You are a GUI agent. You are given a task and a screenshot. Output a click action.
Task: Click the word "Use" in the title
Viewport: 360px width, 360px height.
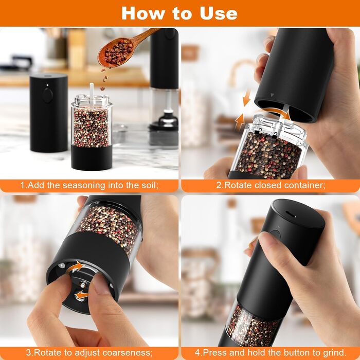[219, 13]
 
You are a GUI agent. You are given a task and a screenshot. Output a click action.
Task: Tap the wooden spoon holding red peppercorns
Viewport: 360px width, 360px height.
[124, 49]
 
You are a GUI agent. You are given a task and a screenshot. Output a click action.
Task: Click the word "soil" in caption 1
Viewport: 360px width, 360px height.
[148, 185]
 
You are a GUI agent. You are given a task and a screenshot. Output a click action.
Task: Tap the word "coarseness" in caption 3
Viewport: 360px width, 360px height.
[127, 352]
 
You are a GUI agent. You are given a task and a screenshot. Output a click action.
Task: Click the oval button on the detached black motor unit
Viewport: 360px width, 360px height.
[47, 96]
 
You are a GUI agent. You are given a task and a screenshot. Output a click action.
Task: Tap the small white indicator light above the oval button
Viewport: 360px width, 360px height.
[47, 85]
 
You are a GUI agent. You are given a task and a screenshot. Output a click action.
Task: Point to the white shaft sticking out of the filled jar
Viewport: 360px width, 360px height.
[92, 92]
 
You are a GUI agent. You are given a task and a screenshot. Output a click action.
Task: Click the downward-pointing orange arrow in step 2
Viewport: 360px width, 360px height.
[247, 98]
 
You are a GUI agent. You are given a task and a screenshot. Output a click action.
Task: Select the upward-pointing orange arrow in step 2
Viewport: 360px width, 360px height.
[240, 122]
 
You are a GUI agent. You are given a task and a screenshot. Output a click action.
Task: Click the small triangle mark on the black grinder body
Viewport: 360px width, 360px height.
[272, 95]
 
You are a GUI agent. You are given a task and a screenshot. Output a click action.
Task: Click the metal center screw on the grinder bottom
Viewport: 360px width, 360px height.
[82, 285]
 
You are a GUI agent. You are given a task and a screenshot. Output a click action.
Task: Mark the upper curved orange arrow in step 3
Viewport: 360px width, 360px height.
[76, 267]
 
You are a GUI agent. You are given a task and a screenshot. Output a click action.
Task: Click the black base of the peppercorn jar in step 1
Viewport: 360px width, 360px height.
[92, 157]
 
